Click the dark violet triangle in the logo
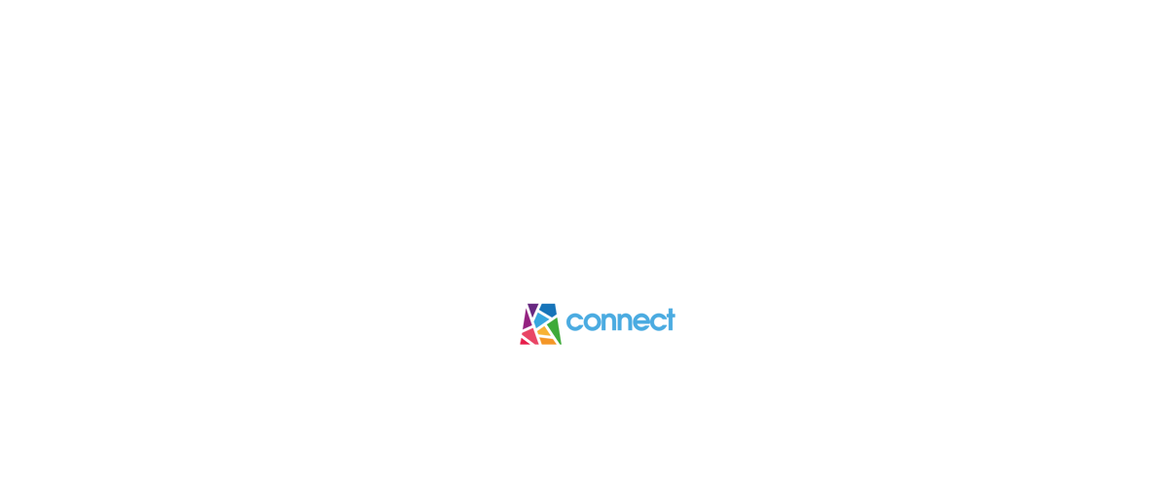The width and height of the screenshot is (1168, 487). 532,309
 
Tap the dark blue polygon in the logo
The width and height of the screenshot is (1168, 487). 549,309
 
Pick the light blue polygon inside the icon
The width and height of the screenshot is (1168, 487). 541,319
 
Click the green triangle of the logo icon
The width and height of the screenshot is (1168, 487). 556,331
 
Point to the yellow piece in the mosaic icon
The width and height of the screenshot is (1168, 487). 544,331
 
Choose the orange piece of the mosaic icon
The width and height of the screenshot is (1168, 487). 547,340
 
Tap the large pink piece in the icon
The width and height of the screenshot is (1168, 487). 530,335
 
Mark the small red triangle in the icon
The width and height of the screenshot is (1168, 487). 524,341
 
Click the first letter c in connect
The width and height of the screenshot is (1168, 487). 573,321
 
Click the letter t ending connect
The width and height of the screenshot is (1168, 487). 670,319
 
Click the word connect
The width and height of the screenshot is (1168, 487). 621,319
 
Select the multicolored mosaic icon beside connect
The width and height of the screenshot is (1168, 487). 541,324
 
